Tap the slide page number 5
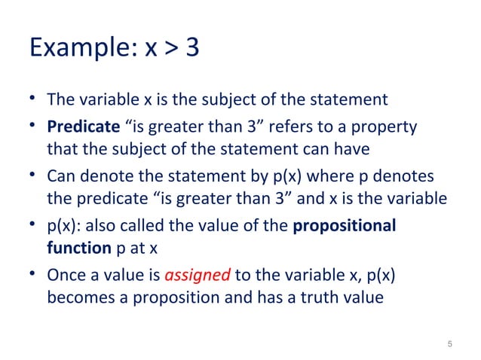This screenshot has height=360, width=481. [x=449, y=345]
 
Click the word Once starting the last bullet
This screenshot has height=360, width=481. [x=66, y=276]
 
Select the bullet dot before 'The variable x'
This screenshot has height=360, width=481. [x=32, y=99]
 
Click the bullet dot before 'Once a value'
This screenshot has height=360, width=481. [x=32, y=276]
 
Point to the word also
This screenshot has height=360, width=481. [x=95, y=227]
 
